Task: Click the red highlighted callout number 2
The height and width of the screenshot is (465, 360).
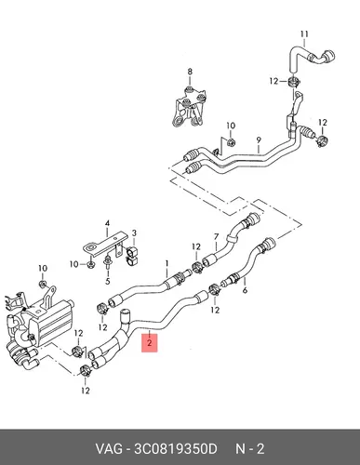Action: (x=150, y=343)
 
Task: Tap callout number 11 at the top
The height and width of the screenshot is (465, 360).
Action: (x=304, y=33)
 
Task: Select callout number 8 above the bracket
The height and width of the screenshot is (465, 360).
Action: (x=190, y=72)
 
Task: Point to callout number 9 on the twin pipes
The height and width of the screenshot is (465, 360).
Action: (x=259, y=139)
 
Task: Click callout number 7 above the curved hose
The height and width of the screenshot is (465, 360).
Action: (x=217, y=237)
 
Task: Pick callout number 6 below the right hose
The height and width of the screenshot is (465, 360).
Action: (x=245, y=290)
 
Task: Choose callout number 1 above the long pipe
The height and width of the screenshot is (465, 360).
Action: (x=167, y=264)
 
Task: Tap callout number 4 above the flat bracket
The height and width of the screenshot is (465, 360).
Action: (x=107, y=223)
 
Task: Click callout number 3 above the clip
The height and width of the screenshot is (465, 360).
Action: (x=134, y=232)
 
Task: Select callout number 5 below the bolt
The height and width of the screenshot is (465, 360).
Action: (x=108, y=282)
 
